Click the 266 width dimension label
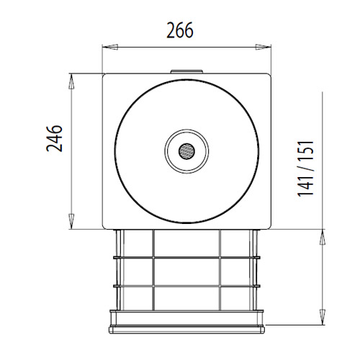(180, 30)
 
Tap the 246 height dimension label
(54, 138)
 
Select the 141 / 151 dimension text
(305, 168)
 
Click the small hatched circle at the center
(186, 151)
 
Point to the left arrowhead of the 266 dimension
(110, 47)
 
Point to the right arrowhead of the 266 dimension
(263, 47)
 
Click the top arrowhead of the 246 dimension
(71, 81)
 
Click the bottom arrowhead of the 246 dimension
(71, 221)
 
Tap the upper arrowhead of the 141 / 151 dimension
(323, 237)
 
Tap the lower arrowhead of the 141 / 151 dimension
(323, 317)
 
